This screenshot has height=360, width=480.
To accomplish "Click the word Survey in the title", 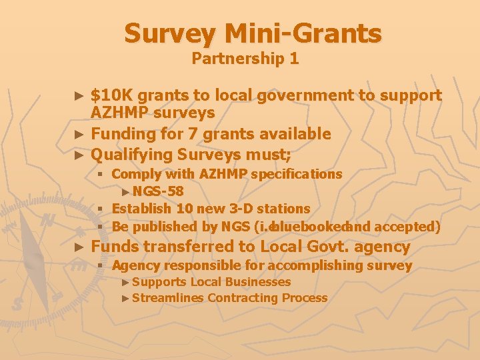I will (x=169, y=33).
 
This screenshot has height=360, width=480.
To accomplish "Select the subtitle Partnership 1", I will (x=245, y=59).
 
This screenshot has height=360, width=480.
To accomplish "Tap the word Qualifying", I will (x=131, y=155).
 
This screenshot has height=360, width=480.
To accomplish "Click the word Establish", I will (x=139, y=209).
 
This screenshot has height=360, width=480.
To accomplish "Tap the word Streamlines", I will (x=168, y=298).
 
